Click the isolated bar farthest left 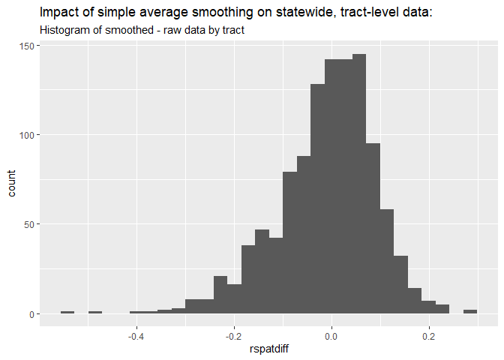click(x=67, y=312)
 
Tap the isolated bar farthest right click(x=470, y=311)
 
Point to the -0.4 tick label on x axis click(x=136, y=337)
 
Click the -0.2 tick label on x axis click(x=233, y=337)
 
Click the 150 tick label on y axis click(x=25, y=46)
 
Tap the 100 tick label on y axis click(x=25, y=135)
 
